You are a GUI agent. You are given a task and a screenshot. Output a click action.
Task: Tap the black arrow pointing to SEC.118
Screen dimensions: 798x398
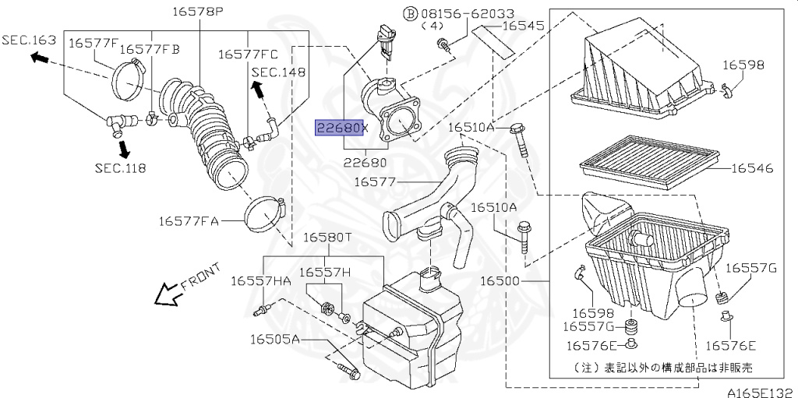tap(122, 148)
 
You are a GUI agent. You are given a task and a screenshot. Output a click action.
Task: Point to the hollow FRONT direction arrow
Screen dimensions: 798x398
tap(169, 294)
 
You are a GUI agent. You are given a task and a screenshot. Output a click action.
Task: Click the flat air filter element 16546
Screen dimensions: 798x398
tap(650, 162)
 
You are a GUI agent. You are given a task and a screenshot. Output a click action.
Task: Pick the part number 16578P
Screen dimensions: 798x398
tap(197, 11)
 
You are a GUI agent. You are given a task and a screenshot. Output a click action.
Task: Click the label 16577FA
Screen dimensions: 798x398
tap(189, 221)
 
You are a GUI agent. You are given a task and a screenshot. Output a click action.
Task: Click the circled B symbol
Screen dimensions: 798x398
tap(410, 14)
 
